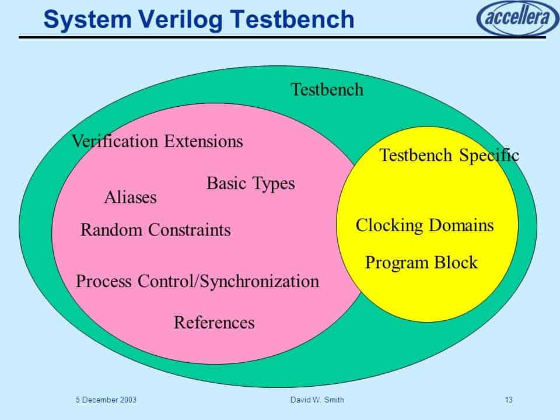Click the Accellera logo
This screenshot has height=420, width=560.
click(x=518, y=17)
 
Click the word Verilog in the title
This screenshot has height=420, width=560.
click(x=181, y=20)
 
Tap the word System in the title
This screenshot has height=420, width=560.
click(x=87, y=20)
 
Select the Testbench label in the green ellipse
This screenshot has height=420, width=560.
click(x=327, y=89)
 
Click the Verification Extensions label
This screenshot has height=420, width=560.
click(x=157, y=141)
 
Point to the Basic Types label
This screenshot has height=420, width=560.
click(x=250, y=184)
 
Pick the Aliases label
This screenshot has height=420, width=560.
click(x=130, y=197)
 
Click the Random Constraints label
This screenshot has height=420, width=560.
click(x=155, y=230)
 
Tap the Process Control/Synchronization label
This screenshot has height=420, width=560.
click(x=197, y=281)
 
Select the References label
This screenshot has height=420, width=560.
click(x=214, y=323)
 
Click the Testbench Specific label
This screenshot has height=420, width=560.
click(x=449, y=155)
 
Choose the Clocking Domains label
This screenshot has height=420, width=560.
click(x=425, y=226)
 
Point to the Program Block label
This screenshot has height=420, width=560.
click(x=421, y=263)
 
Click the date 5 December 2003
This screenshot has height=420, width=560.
click(x=106, y=400)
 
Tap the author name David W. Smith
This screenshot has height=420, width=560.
click(x=317, y=400)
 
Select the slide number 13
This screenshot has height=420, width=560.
click(x=509, y=400)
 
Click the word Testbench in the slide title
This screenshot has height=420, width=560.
click(x=292, y=19)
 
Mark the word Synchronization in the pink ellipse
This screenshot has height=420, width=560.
click(x=259, y=281)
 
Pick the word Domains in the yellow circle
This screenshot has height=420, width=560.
click(x=461, y=225)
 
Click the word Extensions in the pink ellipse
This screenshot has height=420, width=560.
click(x=204, y=141)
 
